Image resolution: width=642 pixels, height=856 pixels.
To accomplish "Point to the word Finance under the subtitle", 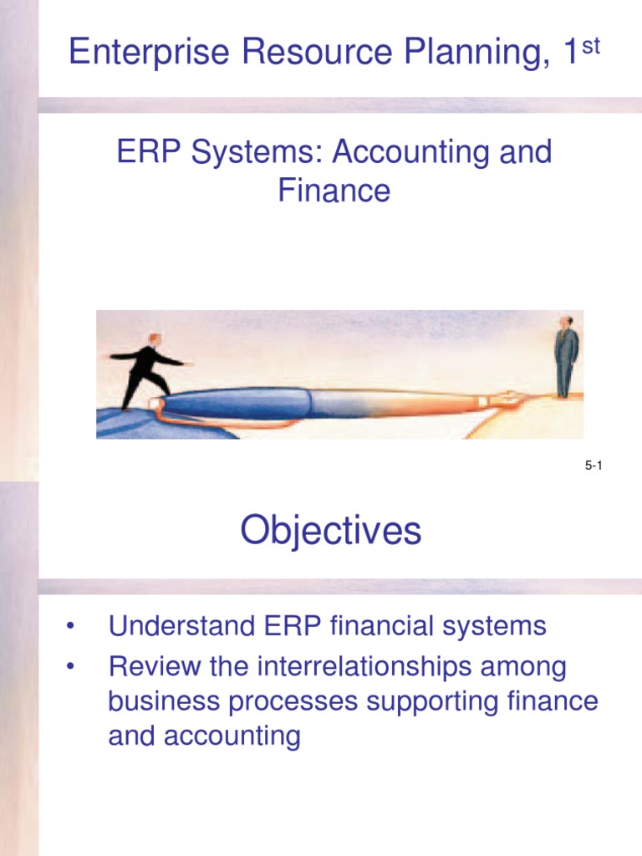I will pos(334,191).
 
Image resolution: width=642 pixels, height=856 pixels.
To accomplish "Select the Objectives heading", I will pos(331,530).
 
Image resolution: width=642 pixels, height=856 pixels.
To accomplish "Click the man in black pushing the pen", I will pos(147,368).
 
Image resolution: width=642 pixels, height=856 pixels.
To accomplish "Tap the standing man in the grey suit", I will pos(566,355).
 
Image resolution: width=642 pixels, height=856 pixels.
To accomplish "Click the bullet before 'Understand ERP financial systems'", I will pos(74,626).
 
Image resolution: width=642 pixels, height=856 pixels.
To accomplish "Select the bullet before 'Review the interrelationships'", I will pos(74,667).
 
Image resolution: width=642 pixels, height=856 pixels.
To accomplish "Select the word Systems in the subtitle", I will pos(250,153).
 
